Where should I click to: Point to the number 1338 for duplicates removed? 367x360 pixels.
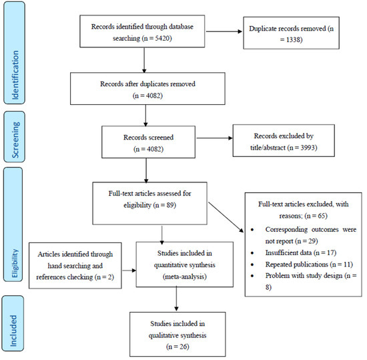point(292,39)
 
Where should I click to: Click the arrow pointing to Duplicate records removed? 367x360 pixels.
point(224,31)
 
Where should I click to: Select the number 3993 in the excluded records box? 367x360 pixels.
point(308,148)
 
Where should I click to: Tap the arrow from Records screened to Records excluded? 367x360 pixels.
point(214,138)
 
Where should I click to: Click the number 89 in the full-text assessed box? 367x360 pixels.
point(170,205)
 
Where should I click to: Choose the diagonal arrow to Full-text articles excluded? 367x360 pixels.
point(226,217)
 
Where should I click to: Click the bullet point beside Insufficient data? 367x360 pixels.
point(252,253)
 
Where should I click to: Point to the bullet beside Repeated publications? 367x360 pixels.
point(252,265)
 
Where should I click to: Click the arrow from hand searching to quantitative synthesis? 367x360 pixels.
point(129,271)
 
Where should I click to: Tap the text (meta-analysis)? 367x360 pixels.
point(185,277)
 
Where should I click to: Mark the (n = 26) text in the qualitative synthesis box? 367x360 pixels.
point(177,347)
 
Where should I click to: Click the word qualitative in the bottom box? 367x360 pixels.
point(163,335)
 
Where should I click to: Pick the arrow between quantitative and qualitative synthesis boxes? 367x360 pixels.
point(176,299)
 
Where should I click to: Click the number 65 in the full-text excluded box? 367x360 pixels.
point(322,216)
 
